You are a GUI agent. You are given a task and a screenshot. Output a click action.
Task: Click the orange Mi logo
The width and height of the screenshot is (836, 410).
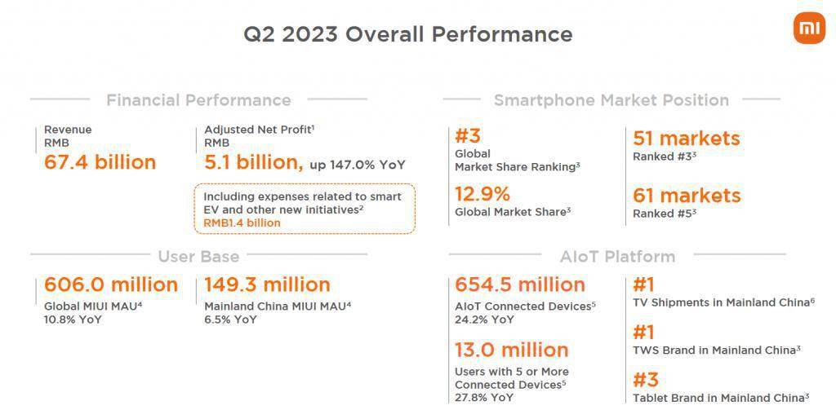click(x=809, y=29)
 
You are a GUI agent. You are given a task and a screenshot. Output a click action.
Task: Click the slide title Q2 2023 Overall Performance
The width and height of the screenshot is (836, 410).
click(x=408, y=34)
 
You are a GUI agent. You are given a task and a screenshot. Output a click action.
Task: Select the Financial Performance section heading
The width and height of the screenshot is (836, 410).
click(x=199, y=100)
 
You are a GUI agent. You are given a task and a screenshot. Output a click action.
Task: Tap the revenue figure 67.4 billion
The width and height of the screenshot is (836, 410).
click(x=100, y=162)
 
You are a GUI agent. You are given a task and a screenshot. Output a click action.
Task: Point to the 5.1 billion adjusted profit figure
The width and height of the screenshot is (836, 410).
click(x=254, y=163)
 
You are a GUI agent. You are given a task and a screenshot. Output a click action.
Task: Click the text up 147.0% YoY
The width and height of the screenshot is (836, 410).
click(x=358, y=165)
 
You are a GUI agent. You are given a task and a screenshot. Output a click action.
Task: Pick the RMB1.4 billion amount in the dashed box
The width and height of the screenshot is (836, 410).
click(x=242, y=223)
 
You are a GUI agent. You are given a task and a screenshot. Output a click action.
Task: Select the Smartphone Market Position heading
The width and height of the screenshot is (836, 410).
click(x=611, y=100)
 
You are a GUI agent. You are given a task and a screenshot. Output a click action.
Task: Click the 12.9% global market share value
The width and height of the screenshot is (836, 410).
click(x=482, y=194)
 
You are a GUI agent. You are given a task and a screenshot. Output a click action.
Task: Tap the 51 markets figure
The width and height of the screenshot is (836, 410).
click(x=687, y=139)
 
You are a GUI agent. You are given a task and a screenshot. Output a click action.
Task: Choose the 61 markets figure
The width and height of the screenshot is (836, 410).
click(x=687, y=196)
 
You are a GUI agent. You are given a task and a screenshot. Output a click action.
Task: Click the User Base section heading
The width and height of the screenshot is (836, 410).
click(x=199, y=257)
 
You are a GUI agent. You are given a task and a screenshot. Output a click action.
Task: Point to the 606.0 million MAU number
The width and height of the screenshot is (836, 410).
click(x=111, y=284)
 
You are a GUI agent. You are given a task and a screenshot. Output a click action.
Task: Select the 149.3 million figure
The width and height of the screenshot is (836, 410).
click(x=267, y=284)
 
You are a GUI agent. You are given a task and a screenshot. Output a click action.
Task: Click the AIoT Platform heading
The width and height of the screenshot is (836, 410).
click(x=617, y=257)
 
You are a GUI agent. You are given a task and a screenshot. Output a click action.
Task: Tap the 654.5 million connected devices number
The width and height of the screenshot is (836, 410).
click(x=520, y=284)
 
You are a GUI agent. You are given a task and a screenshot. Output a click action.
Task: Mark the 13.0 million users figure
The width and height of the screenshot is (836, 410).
click(x=512, y=350)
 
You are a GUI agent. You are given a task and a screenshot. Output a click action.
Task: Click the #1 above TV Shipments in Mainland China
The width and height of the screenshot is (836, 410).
click(x=643, y=284)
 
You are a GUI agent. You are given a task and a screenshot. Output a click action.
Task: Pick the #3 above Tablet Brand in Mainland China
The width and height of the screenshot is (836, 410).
click(x=646, y=380)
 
